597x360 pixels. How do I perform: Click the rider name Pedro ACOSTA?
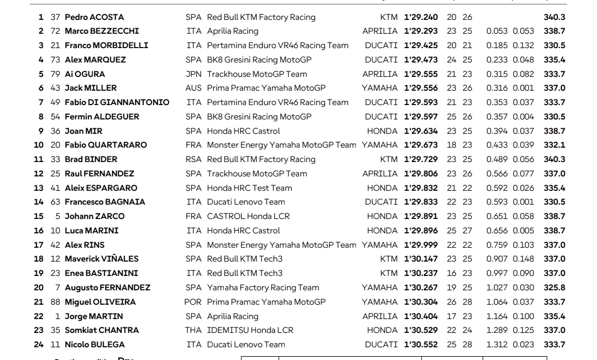point(94,17)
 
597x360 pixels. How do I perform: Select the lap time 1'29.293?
point(420,32)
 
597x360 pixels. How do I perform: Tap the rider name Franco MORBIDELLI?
point(106,45)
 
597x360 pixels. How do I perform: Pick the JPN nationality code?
point(193,74)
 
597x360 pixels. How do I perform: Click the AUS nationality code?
point(193,88)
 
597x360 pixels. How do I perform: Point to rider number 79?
point(55,74)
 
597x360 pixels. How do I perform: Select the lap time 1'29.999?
point(420,245)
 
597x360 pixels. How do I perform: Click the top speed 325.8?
point(554,288)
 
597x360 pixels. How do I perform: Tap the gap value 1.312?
point(496,345)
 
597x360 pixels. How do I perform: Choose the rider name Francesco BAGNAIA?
point(104,202)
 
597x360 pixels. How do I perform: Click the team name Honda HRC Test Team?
point(249,188)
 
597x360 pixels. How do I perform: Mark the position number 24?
point(39,345)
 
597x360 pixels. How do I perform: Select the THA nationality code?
point(193,330)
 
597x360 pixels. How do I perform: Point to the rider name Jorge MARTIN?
point(93,316)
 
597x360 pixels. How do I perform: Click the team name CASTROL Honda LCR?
point(248,216)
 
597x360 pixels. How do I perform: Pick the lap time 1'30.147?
point(420,259)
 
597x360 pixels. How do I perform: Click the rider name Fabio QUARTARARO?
point(106,145)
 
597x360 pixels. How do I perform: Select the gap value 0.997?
point(496,273)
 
